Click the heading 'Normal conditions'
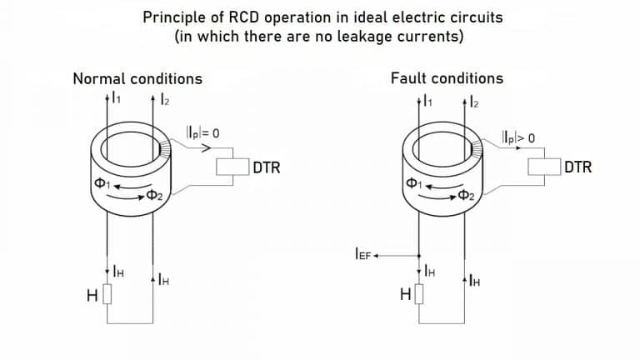tap(137, 79)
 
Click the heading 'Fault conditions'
tap(447, 78)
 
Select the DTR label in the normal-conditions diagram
tap(267, 167)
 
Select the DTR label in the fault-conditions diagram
tap(577, 167)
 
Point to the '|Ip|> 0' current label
tap(518, 135)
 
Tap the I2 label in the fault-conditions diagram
tap(472, 101)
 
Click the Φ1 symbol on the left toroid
tap(100, 183)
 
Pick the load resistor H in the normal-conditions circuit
tap(107, 296)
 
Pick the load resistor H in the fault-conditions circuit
tap(419, 295)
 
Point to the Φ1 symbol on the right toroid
tap(412, 182)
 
